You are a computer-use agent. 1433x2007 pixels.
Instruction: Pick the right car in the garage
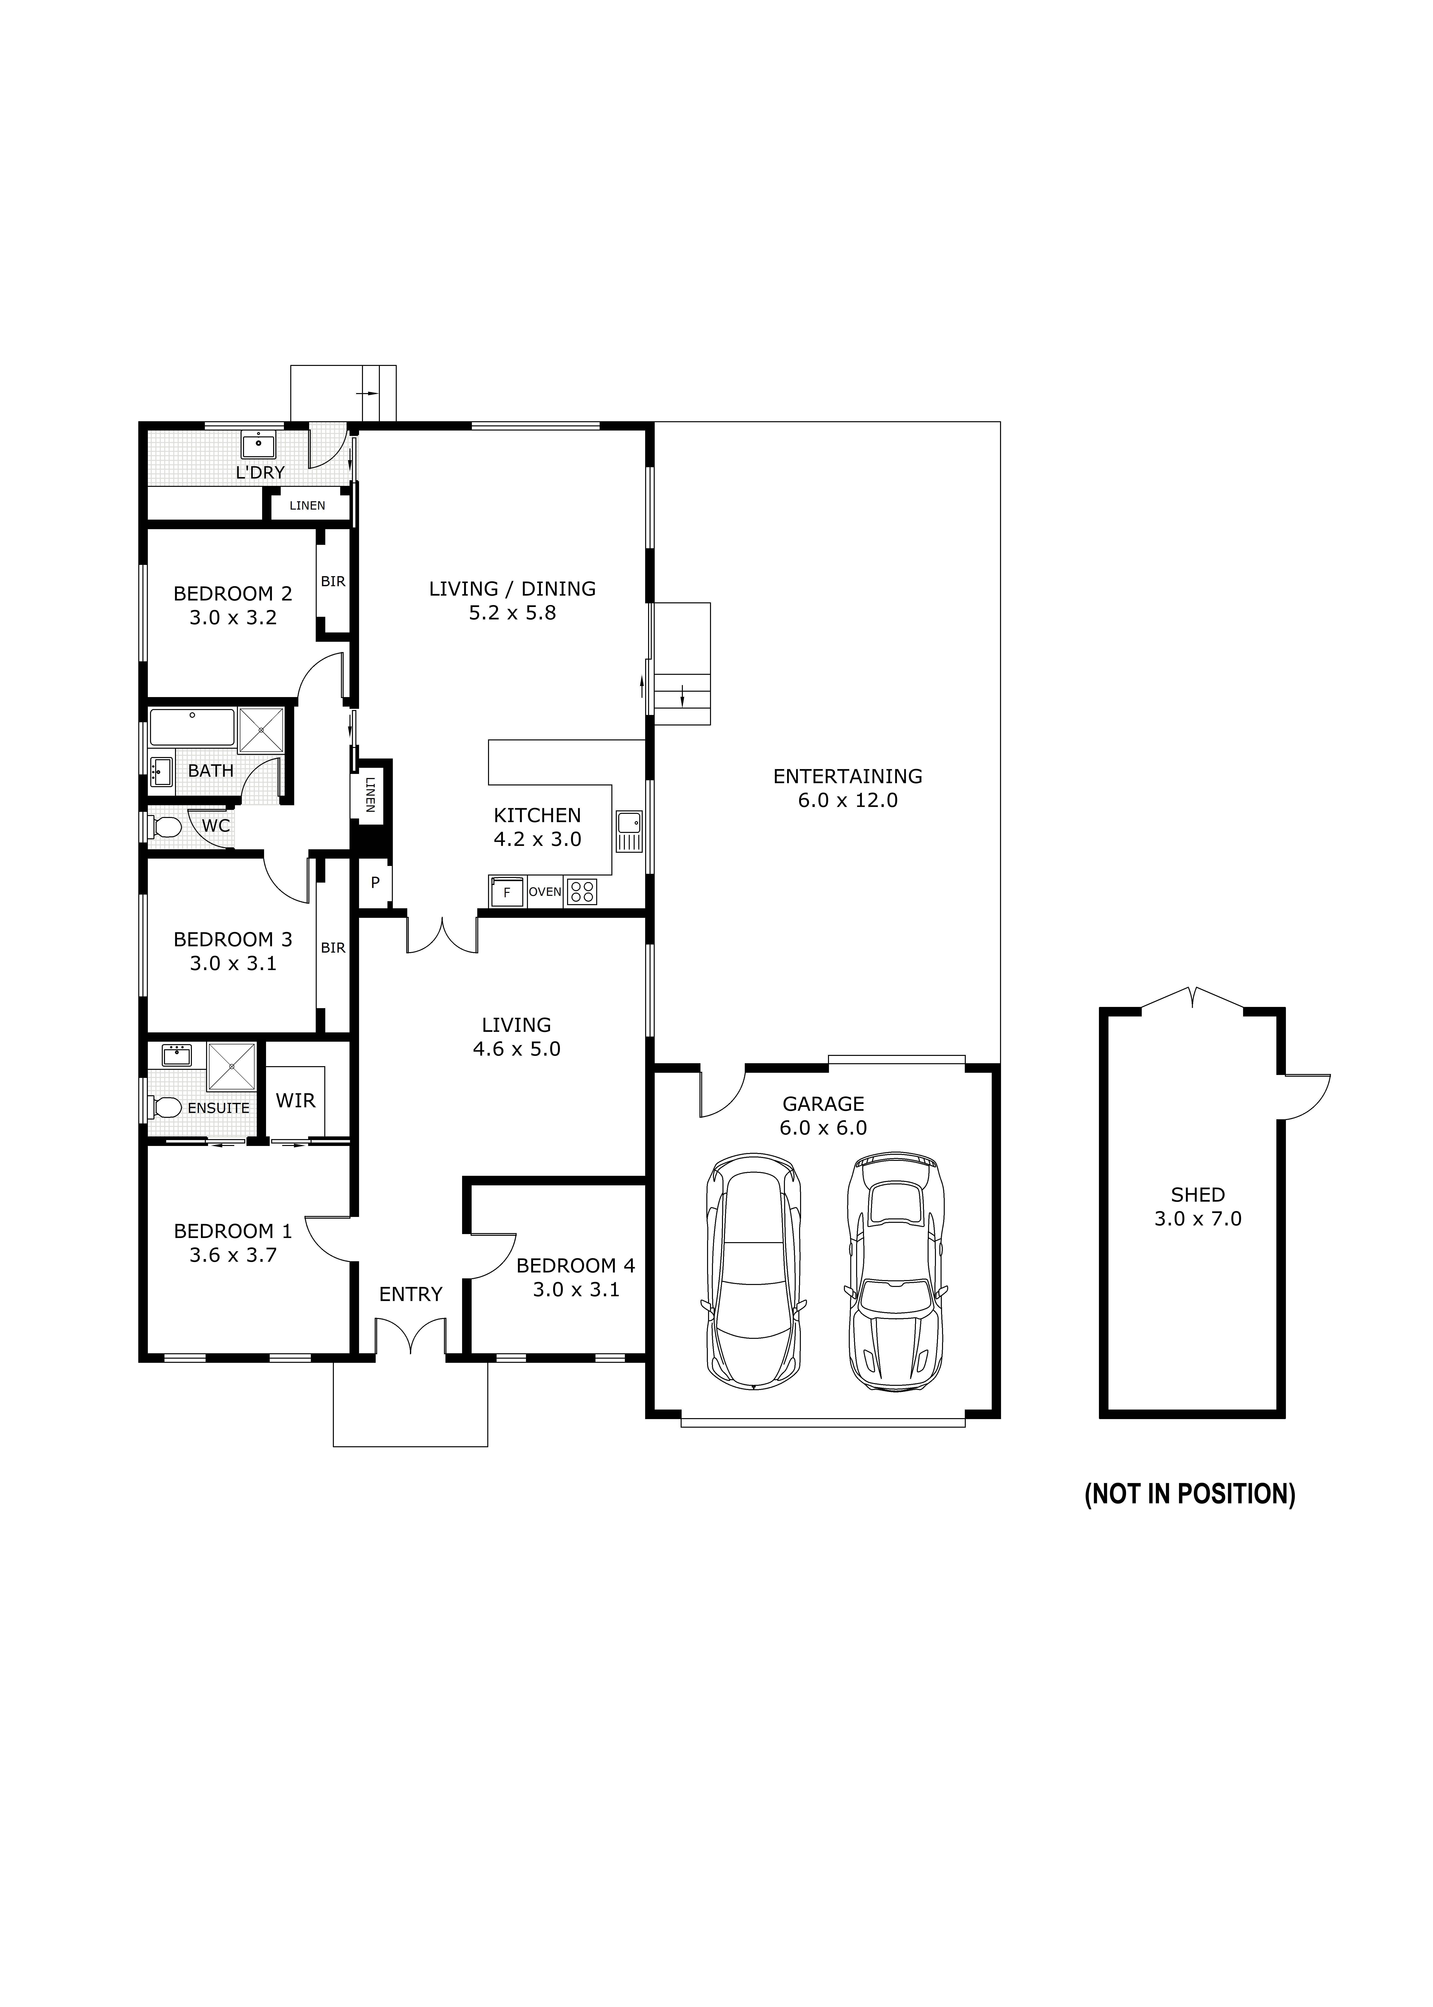click(896, 1271)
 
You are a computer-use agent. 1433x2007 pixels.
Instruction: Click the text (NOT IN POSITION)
click(1189, 1494)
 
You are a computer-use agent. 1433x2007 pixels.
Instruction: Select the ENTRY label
click(410, 1294)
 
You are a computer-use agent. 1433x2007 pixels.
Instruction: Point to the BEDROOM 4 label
click(575, 1265)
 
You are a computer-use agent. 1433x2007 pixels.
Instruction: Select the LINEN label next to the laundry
click(307, 505)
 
